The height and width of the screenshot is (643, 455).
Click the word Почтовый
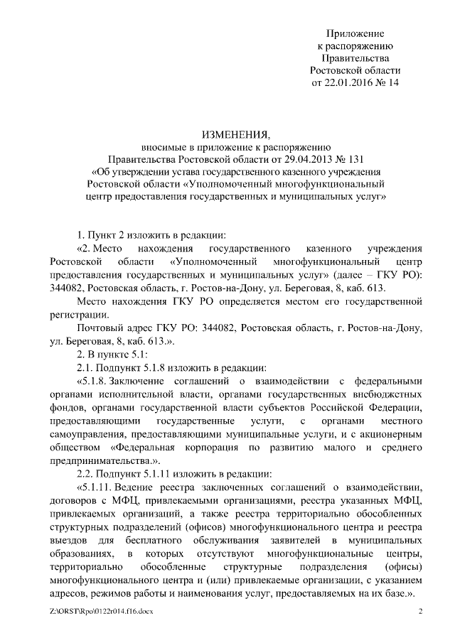(97, 329)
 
